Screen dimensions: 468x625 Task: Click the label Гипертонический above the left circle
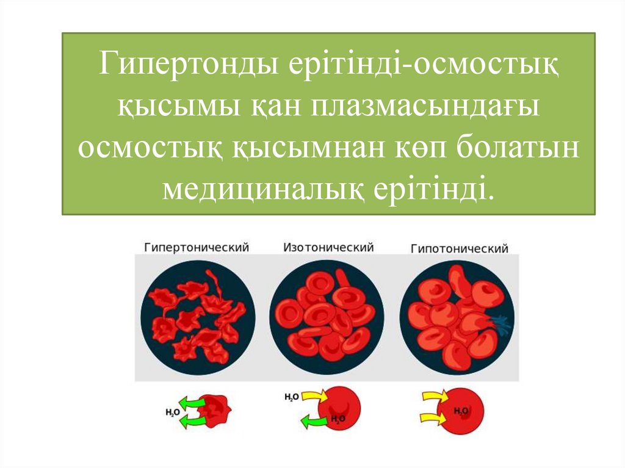[x=197, y=247]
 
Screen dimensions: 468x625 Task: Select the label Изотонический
[x=328, y=247]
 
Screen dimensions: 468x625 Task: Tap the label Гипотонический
[x=459, y=249]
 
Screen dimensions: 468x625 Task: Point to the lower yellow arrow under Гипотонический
[x=435, y=418]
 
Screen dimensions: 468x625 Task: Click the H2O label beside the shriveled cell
[x=173, y=412]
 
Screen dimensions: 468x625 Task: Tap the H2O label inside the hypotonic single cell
[x=461, y=411]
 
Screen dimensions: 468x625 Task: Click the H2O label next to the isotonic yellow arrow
[x=291, y=397]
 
